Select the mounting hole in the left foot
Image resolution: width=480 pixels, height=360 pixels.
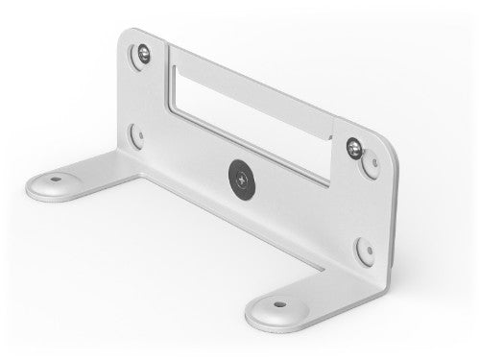58,178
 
